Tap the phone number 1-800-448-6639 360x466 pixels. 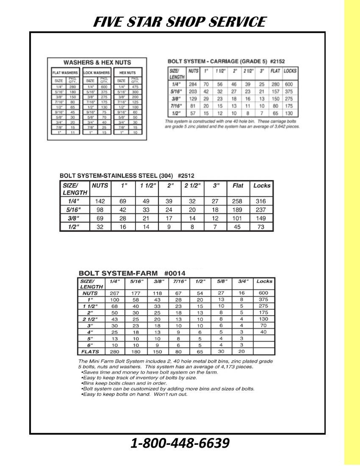180,443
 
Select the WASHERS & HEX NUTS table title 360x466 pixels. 97,62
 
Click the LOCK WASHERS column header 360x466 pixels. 96,73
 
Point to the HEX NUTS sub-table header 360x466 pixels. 128,73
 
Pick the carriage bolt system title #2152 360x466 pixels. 226,62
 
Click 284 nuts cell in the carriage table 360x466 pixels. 192,84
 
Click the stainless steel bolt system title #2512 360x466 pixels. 127,175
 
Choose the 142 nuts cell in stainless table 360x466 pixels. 100,201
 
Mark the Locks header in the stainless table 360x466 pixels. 262,186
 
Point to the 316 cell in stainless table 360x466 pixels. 261,201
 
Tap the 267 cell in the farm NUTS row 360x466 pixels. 115,293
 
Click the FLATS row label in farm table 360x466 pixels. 90,352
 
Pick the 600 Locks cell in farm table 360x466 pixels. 264,293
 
